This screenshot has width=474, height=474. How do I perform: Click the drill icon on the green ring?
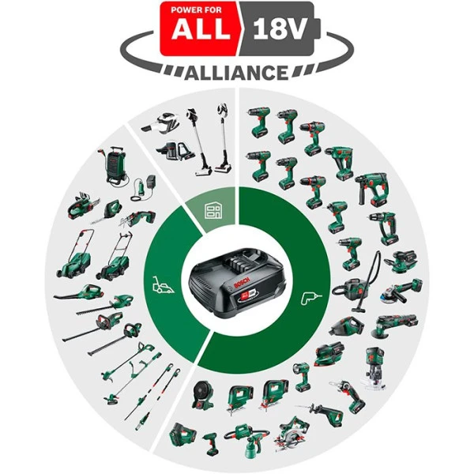[307, 299]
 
